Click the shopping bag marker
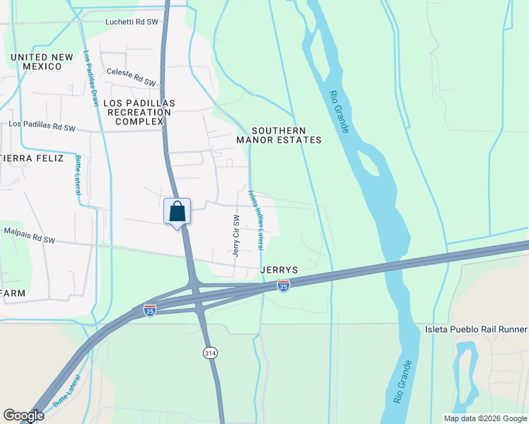177,211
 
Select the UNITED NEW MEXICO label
42,61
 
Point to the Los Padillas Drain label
91,78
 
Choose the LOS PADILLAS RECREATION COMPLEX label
139,112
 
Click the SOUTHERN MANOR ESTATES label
287,135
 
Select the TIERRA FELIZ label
32,158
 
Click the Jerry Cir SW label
237,235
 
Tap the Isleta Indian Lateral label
255,219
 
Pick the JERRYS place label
279,270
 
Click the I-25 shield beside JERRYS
284,285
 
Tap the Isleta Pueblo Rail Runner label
476,329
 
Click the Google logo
23,416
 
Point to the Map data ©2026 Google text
484,418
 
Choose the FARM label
13,293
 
